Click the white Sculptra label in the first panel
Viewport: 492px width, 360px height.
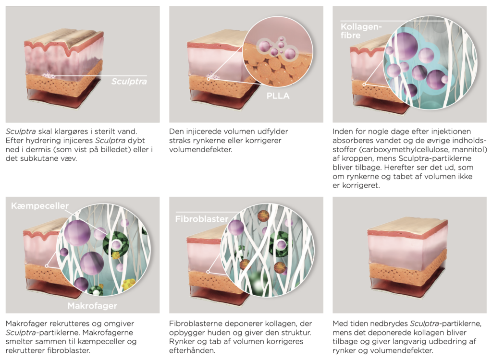(x=128, y=82)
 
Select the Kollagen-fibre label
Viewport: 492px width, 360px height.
(x=361, y=31)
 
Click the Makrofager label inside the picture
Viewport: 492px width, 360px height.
(x=92, y=305)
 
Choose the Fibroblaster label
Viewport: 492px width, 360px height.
(x=201, y=219)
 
